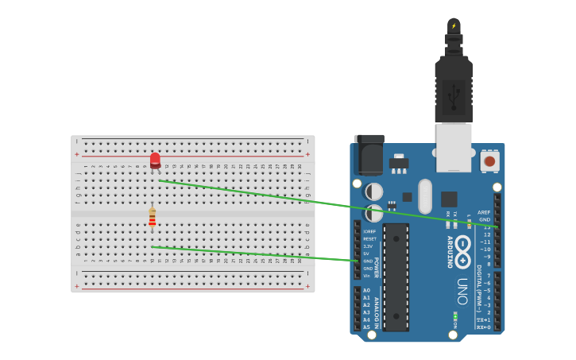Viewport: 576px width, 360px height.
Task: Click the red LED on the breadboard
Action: pos(155,161)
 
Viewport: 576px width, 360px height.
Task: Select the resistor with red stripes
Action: pos(152,218)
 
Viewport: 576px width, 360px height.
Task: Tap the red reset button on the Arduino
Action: pos(489,161)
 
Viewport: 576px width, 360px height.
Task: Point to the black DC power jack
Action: pos(369,155)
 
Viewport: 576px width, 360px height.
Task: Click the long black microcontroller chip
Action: pos(396,277)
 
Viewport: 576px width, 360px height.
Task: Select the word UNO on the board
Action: pos(462,291)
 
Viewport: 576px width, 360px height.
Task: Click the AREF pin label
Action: pos(484,212)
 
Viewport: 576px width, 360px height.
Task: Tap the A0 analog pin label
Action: pos(367,290)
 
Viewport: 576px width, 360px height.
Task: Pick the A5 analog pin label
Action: pos(367,327)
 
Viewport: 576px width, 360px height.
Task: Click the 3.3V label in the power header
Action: pos(369,246)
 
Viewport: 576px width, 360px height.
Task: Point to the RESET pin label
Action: pos(370,238)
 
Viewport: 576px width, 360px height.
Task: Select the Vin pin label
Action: pos(367,276)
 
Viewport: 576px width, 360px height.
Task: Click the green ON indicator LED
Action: pos(454,316)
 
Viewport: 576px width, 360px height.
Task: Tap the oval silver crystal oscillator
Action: pos(425,196)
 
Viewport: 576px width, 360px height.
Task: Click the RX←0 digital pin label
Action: pos(483,327)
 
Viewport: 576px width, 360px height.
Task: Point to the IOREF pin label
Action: pos(369,231)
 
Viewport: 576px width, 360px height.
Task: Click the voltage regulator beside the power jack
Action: pos(399,164)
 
